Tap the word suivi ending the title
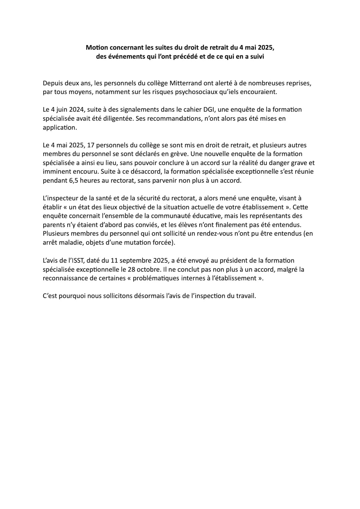(256, 56)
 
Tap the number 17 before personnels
(90, 145)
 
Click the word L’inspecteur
(60, 198)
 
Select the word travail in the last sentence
(245, 296)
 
